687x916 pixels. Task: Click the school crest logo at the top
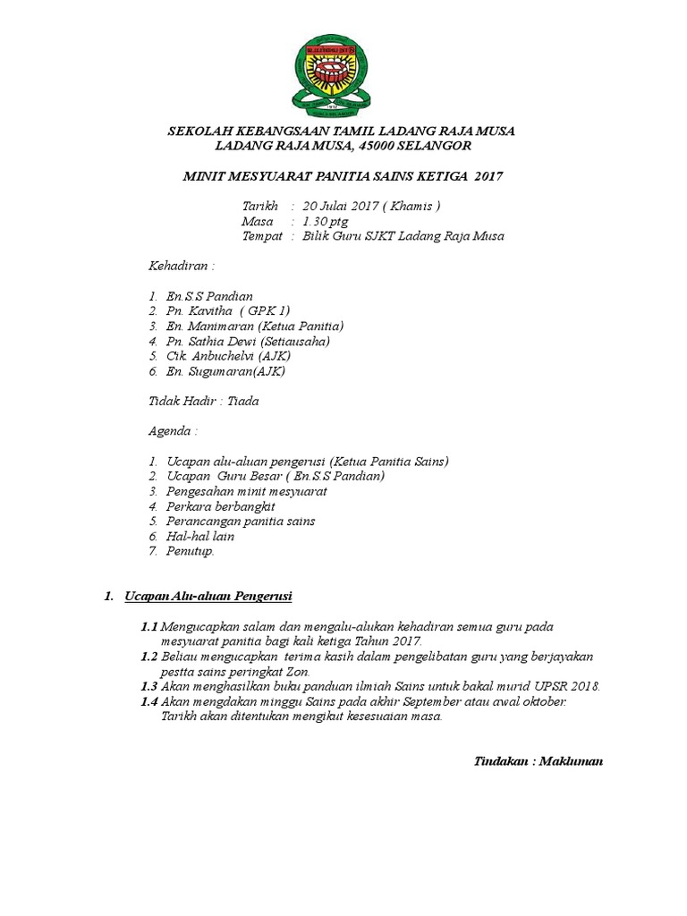click(341, 75)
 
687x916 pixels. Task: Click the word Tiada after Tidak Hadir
click(242, 402)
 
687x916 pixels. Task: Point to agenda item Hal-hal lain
click(200, 536)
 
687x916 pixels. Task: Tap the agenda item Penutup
click(190, 551)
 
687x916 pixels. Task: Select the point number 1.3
click(149, 686)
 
